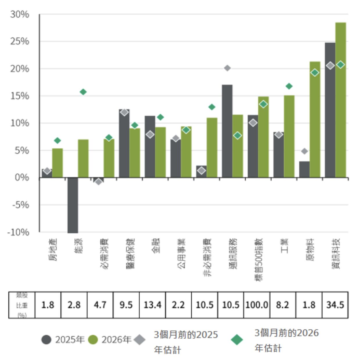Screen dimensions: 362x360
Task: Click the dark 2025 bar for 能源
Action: click(x=73, y=205)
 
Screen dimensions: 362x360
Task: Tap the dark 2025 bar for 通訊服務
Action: click(x=227, y=131)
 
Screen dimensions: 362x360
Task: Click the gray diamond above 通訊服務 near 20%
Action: click(x=227, y=68)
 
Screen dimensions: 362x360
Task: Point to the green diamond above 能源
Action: click(x=83, y=92)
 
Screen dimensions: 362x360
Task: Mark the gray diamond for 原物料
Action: click(x=304, y=151)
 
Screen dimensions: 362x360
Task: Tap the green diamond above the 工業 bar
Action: click(x=289, y=86)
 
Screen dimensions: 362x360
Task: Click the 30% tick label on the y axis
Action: click(x=20, y=14)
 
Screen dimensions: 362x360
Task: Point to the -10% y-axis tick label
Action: click(x=18, y=232)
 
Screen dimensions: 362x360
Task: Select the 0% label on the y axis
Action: click(x=22, y=178)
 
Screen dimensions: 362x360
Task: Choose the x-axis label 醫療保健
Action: click(x=130, y=254)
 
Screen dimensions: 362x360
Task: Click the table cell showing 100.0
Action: click(x=257, y=305)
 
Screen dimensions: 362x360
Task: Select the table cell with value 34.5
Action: click(x=335, y=305)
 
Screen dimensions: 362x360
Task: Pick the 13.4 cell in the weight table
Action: click(x=152, y=305)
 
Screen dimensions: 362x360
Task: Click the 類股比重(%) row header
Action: click(x=22, y=305)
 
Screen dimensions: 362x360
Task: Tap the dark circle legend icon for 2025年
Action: click(x=46, y=339)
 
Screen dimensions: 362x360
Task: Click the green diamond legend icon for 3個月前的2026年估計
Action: click(x=237, y=339)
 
